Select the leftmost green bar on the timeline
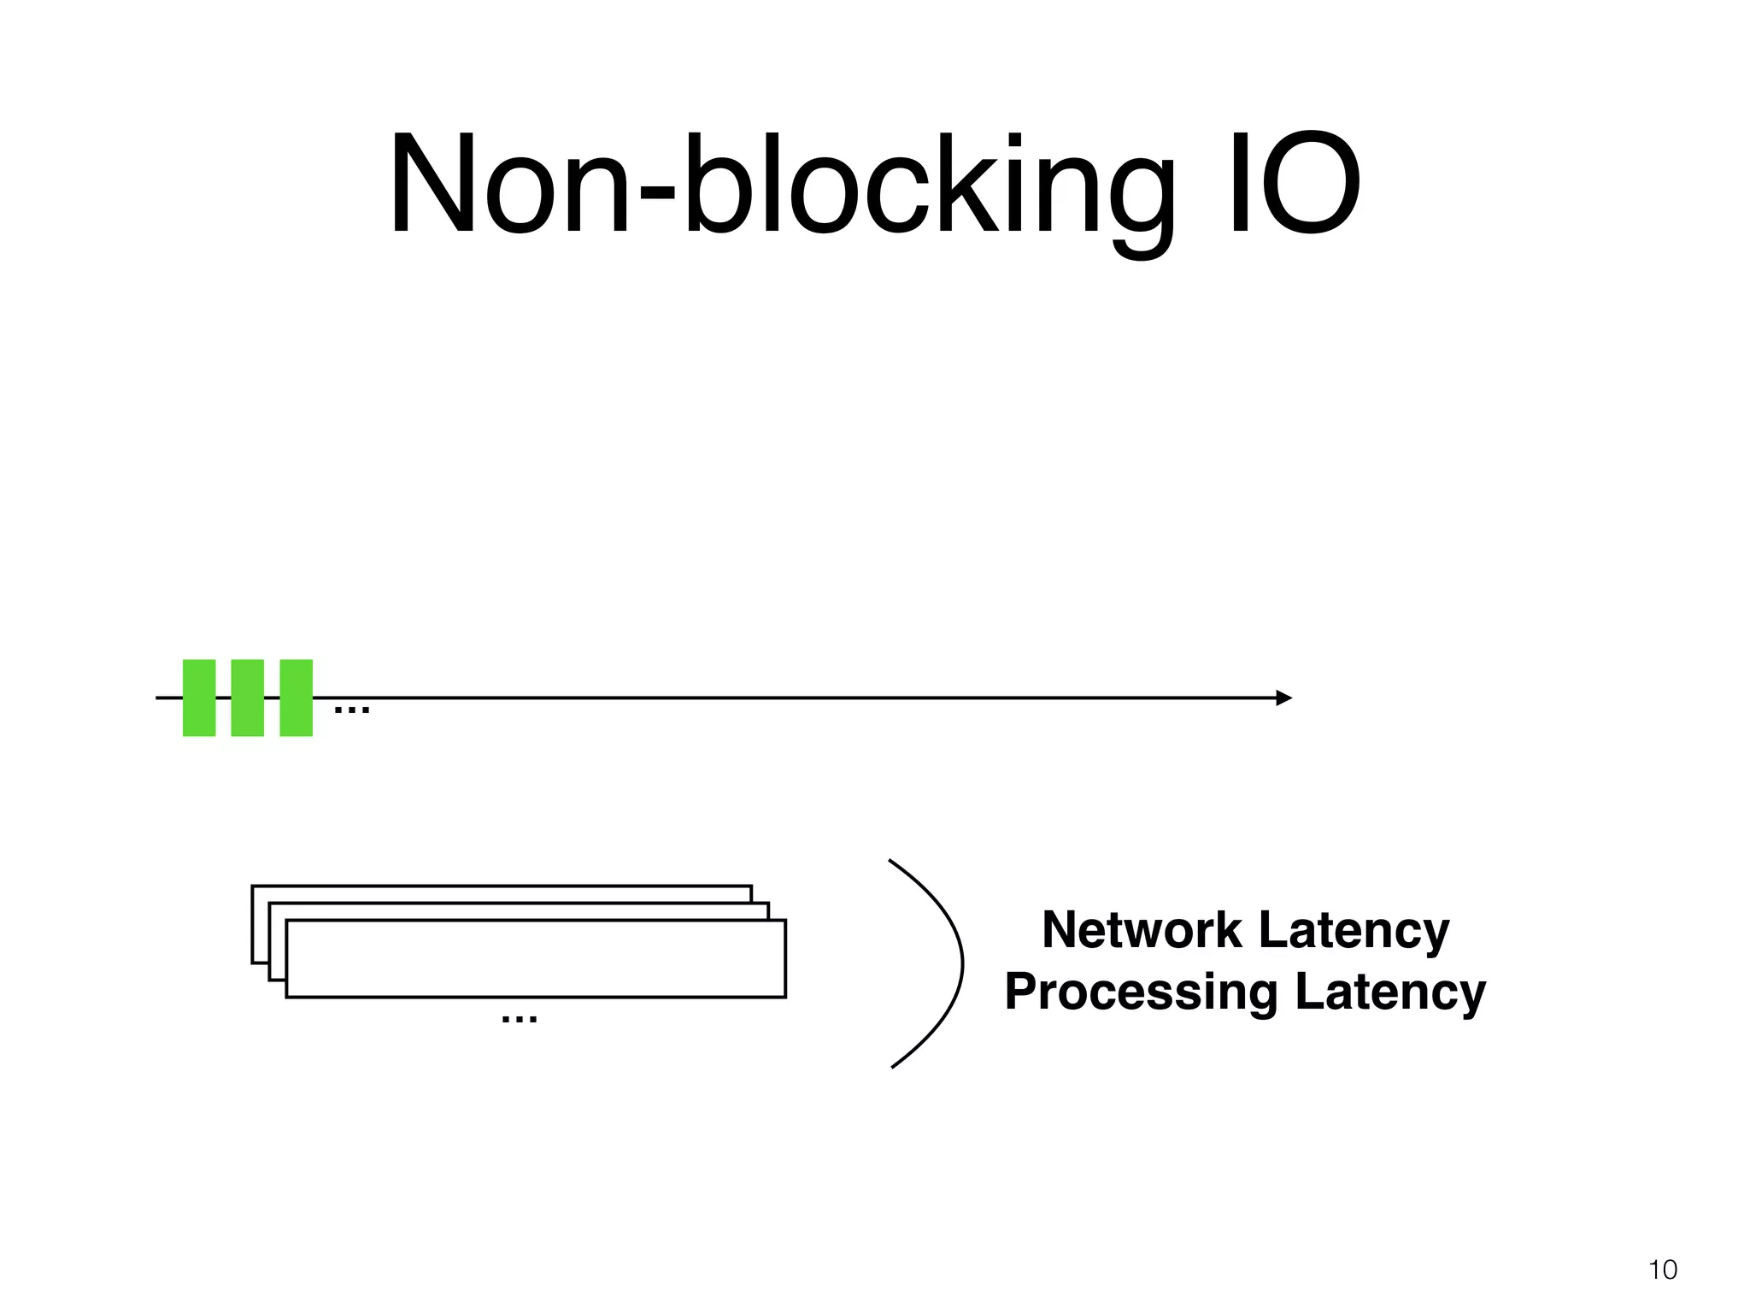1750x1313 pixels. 199,698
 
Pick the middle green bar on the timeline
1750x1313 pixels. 248,698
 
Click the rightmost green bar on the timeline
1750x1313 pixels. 297,698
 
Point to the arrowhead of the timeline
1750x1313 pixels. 1283,698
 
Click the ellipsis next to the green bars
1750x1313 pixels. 351,709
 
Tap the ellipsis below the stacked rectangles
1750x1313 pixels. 520,1019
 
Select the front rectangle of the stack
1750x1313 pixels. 536,959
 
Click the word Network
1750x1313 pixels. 1142,930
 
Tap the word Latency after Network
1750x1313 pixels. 1354,930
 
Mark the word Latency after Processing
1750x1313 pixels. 1390,992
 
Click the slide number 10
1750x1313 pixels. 1663,1269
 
